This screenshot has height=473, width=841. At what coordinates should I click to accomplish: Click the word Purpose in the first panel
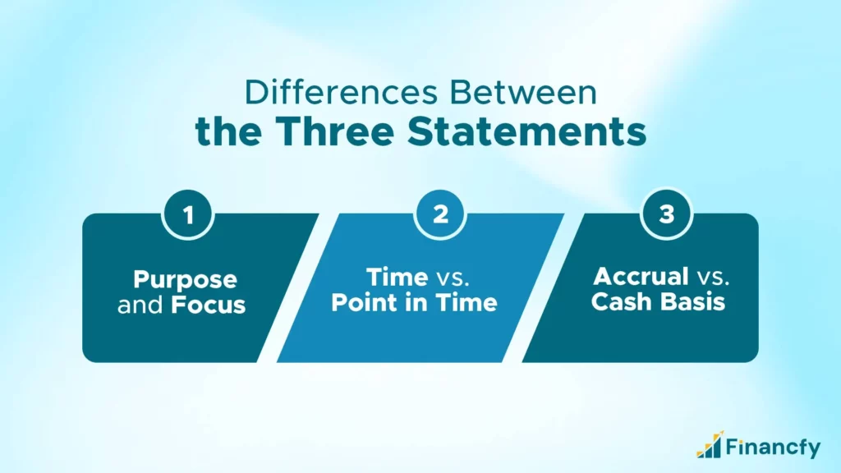pyautogui.click(x=186, y=279)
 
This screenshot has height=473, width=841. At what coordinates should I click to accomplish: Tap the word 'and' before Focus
pyautogui.click(x=141, y=305)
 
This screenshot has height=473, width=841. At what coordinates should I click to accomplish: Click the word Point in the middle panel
pyautogui.click(x=365, y=303)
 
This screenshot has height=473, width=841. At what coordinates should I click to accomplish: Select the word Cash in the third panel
pyautogui.click(x=622, y=301)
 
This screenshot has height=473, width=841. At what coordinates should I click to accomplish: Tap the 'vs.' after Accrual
pyautogui.click(x=707, y=277)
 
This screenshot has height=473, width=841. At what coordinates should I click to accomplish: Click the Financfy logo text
pyautogui.click(x=772, y=448)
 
